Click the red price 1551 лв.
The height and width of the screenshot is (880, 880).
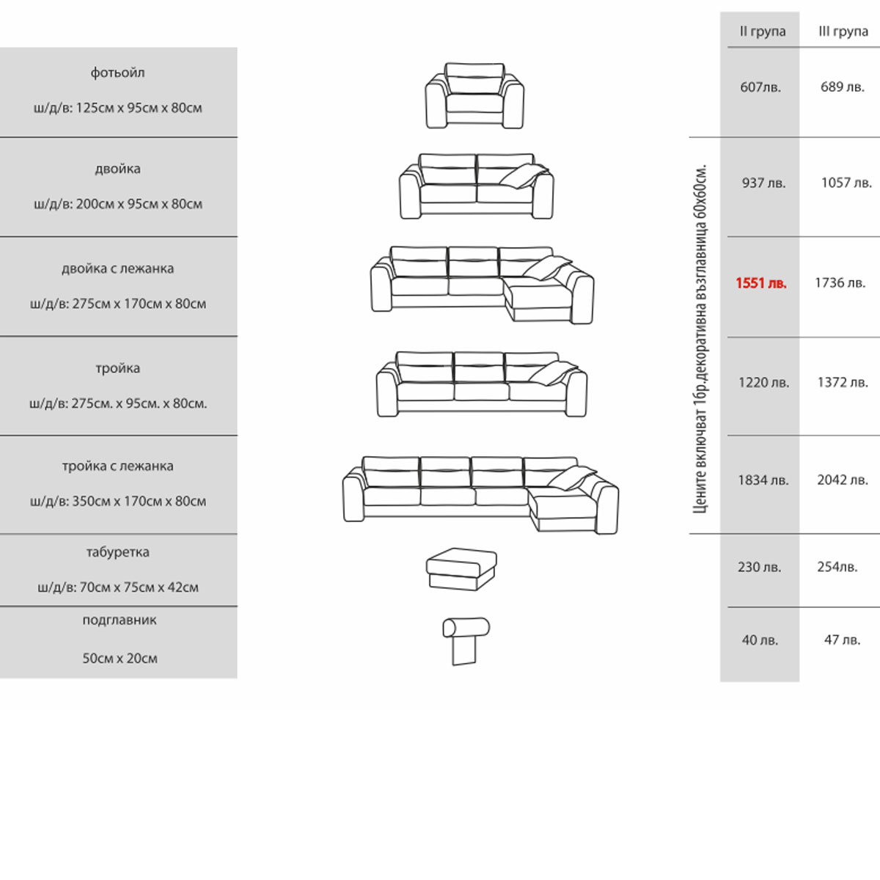(761, 283)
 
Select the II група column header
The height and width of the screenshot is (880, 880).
(763, 32)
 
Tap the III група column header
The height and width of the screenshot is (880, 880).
(843, 32)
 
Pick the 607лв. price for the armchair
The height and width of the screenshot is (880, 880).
(760, 87)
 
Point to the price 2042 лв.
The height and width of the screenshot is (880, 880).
(843, 480)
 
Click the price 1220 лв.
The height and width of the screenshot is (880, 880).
(763, 383)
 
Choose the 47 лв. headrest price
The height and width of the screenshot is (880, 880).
(842, 640)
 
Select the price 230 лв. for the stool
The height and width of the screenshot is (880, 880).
(759, 567)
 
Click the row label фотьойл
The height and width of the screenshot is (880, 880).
(117, 73)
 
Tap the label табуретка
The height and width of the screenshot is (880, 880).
(117, 552)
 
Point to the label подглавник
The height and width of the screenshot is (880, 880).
(119, 620)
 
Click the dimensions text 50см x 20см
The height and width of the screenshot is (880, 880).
(120, 659)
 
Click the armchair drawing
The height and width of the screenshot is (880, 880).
(474, 96)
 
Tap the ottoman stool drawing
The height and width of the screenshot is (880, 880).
(461, 569)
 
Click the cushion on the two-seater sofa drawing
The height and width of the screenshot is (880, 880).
(524, 176)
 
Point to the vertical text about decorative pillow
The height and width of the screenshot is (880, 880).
(700, 337)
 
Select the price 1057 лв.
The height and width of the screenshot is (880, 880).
(846, 183)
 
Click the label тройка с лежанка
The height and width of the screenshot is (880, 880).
(117, 466)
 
